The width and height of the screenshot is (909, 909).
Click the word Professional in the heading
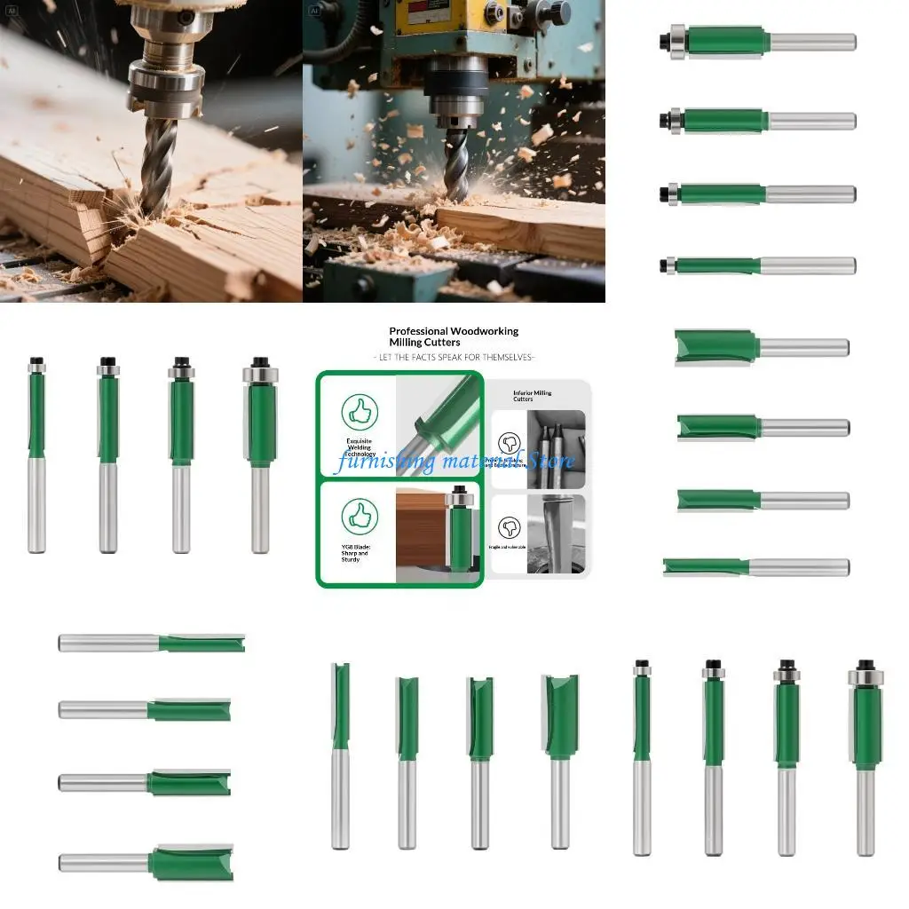tap(418, 331)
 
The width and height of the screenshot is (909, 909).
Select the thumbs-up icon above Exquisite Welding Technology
tap(360, 413)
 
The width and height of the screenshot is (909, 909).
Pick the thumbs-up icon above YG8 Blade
tap(360, 517)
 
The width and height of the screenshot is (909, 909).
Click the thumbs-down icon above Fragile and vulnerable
tap(510, 529)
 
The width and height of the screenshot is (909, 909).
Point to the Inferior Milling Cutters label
tap(532, 396)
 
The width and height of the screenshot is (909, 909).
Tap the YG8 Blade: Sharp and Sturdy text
tap(356, 553)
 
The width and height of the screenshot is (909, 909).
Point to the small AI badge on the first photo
tap(12, 11)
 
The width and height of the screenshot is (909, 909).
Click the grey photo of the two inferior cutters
tap(556, 449)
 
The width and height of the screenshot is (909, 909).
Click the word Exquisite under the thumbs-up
tap(360, 441)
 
